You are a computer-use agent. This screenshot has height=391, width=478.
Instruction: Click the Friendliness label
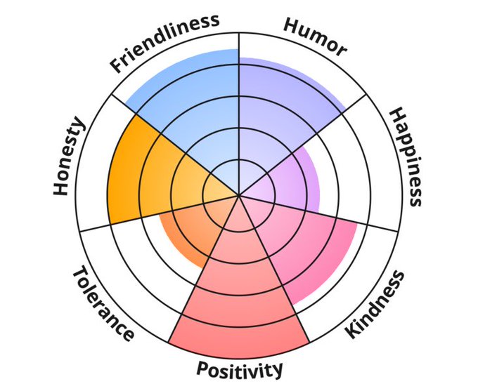coord(164,43)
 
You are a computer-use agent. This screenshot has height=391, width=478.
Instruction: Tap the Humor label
coord(315,37)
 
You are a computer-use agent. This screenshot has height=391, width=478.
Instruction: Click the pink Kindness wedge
coord(302,246)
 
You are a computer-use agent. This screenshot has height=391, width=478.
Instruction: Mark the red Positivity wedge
coord(239,295)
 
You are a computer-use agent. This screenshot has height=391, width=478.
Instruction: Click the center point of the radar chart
coord(239,195)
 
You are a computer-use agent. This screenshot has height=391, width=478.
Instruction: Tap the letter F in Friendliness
coord(117,68)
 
